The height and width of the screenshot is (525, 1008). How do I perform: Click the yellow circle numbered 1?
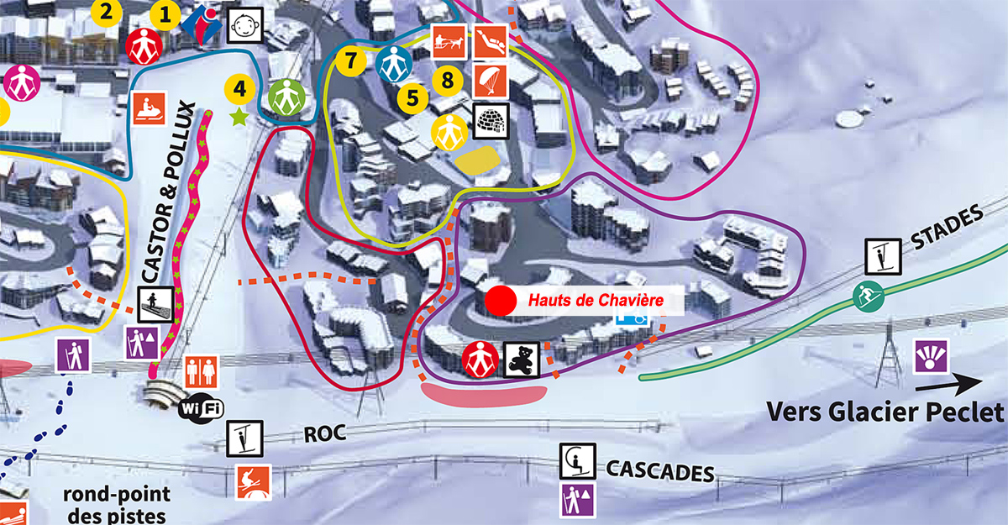(165, 14)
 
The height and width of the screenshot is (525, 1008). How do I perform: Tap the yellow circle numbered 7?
(350, 60)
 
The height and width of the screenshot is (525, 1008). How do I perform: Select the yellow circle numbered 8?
(448, 80)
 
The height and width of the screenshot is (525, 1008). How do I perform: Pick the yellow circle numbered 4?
(240, 87)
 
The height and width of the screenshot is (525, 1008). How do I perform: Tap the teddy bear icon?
(521, 360)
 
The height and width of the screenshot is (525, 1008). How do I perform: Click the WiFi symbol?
(202, 408)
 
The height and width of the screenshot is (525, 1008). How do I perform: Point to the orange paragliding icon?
(491, 80)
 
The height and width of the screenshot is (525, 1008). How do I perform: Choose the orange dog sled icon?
(449, 41)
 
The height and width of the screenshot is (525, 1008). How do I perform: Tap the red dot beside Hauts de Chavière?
(501, 300)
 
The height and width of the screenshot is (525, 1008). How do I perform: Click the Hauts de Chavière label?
(596, 300)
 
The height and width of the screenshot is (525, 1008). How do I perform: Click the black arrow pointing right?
(948, 385)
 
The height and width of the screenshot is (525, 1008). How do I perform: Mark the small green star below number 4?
(240, 117)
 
